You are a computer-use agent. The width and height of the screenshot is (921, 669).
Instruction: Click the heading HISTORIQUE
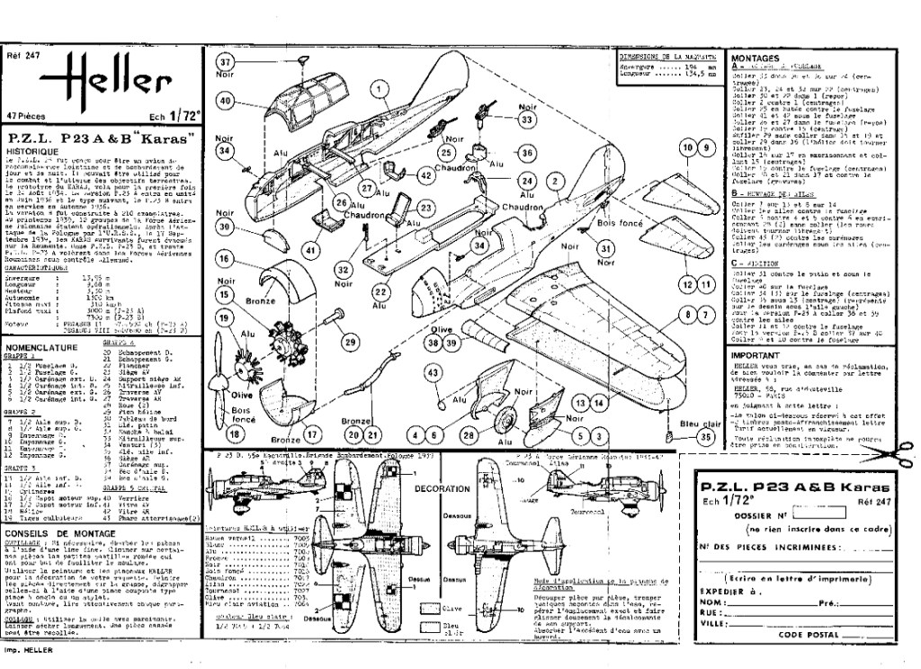click(35, 152)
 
